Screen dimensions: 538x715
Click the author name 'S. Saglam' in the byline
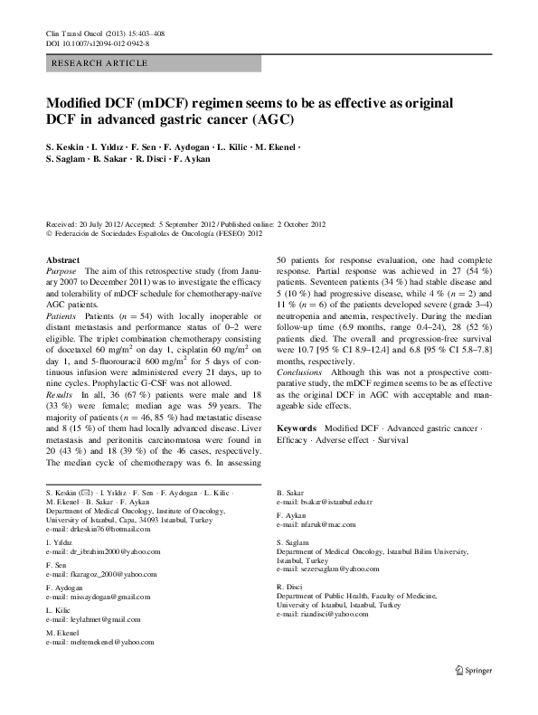click(x=66, y=159)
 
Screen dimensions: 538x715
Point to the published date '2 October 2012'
click(x=296, y=223)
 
